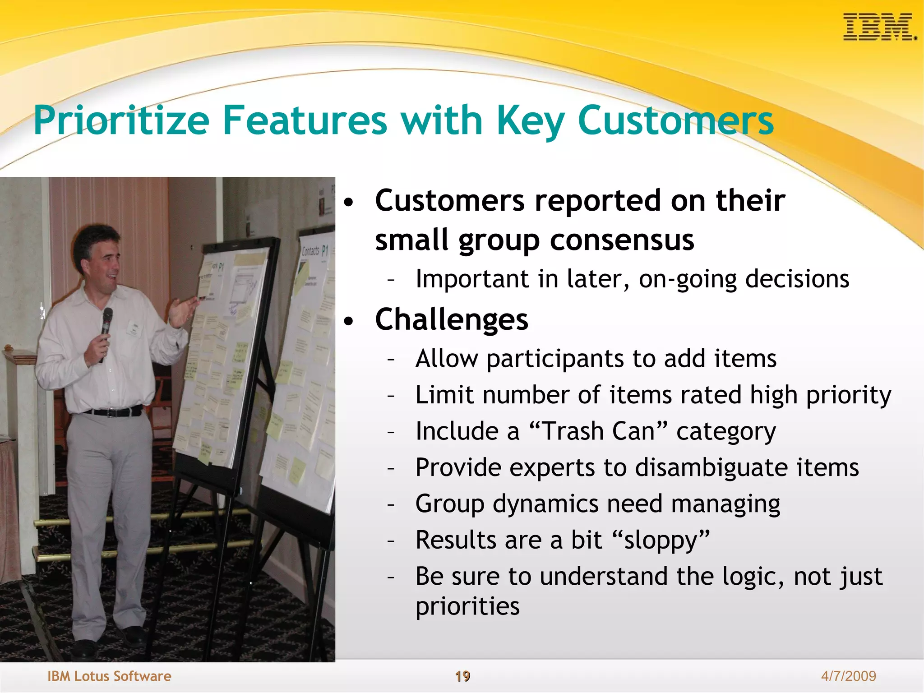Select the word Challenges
click(451, 319)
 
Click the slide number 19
click(462, 676)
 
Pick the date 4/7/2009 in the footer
click(848, 676)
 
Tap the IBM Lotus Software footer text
click(109, 676)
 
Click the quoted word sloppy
click(661, 541)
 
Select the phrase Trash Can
click(598, 431)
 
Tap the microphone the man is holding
click(106, 323)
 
